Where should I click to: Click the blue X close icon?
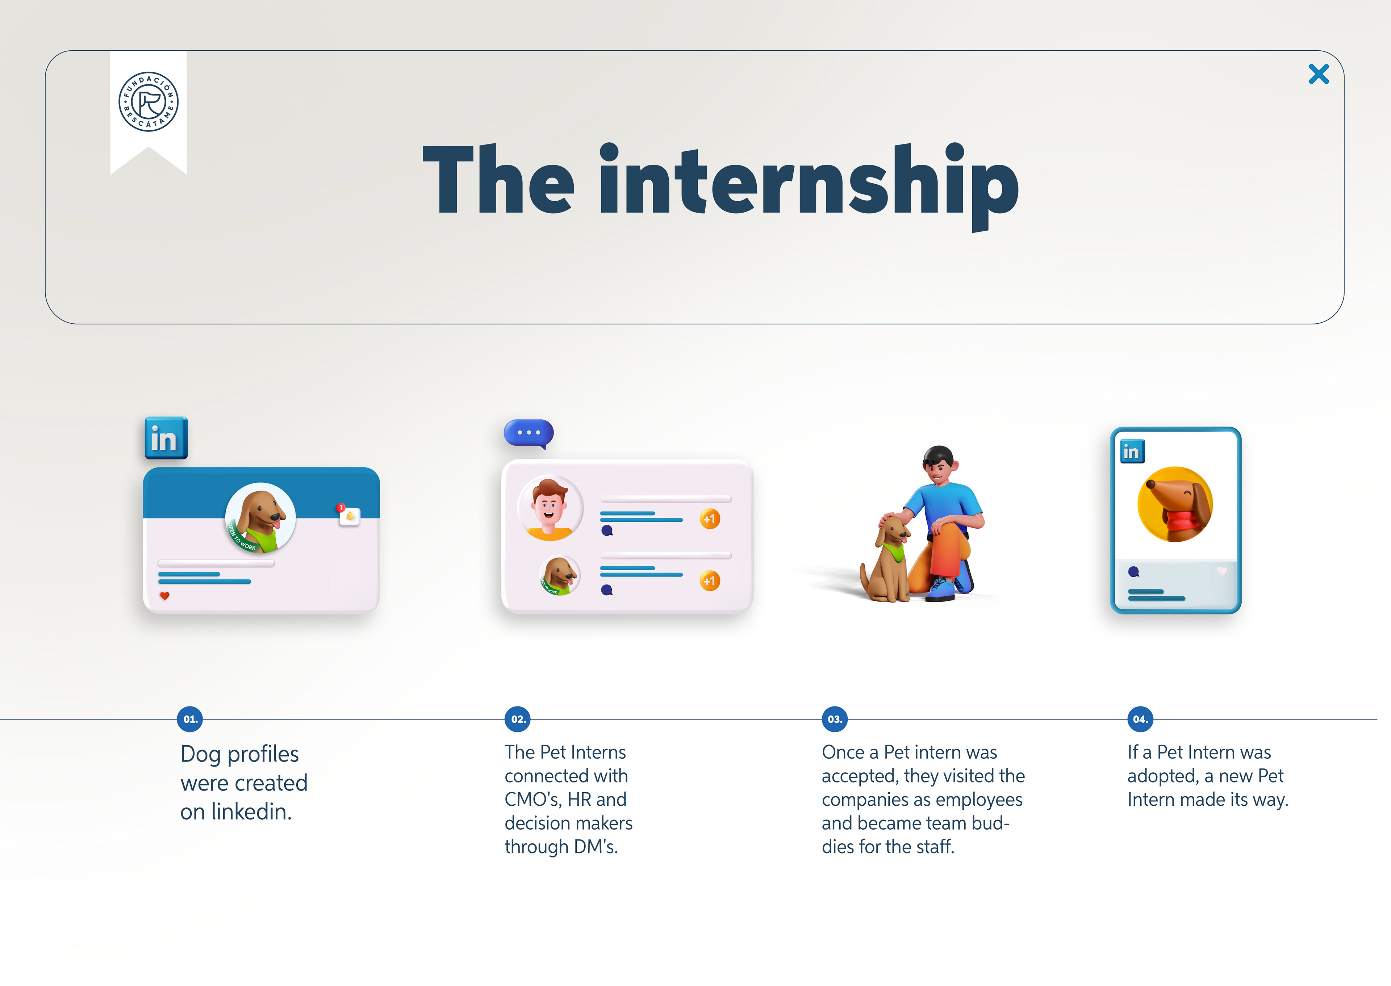[x=1318, y=74]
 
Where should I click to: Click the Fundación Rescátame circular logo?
[x=148, y=101]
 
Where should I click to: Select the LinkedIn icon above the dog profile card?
[x=166, y=438]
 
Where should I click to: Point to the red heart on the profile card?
[x=164, y=596]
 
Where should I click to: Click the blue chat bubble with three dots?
[x=529, y=433]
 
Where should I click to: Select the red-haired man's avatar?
[x=550, y=508]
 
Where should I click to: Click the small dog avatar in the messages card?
[x=559, y=576]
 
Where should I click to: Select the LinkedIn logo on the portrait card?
[x=1132, y=451]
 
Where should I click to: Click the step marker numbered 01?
[x=190, y=719]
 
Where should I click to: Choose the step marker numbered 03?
[x=835, y=719]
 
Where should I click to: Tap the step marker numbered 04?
[x=1140, y=719]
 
